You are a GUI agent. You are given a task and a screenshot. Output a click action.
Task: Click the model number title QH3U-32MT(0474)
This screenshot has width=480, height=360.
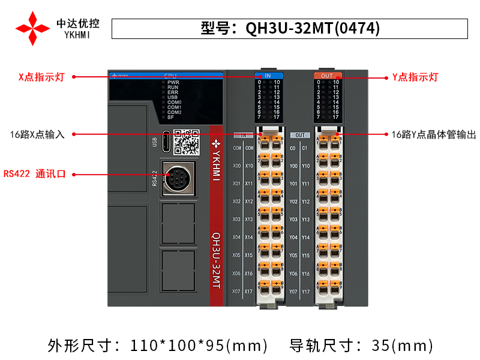(x=290, y=29)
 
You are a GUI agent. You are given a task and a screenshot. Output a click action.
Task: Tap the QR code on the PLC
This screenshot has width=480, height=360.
(x=186, y=142)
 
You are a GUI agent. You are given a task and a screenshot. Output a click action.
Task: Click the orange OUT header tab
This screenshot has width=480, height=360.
(x=327, y=76)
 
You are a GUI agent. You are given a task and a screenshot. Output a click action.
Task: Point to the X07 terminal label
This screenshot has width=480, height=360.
(x=236, y=291)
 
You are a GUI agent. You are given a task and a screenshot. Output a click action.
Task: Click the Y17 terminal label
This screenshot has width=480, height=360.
(x=305, y=291)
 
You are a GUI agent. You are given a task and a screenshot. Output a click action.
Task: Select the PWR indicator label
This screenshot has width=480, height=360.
(x=173, y=82)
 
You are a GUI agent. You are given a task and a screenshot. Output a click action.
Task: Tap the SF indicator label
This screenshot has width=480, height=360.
(x=170, y=117)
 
